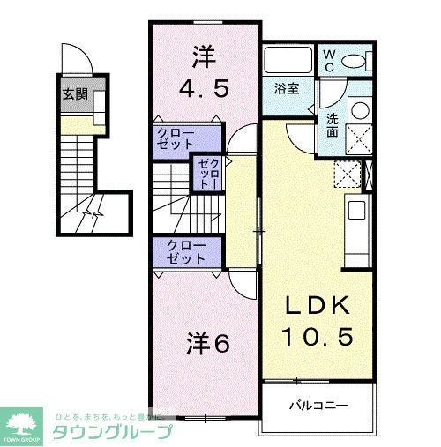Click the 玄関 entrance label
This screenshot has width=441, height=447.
pyautogui.click(x=73, y=93)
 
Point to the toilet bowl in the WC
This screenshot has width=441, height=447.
pyautogui.click(x=355, y=61)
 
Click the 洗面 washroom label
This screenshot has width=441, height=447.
pyautogui.click(x=332, y=124)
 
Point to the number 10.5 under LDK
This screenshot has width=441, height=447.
pyautogui.click(x=316, y=337)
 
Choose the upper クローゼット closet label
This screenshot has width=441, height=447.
pyautogui.click(x=176, y=138)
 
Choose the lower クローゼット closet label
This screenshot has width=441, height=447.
pyautogui.click(x=182, y=252)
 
